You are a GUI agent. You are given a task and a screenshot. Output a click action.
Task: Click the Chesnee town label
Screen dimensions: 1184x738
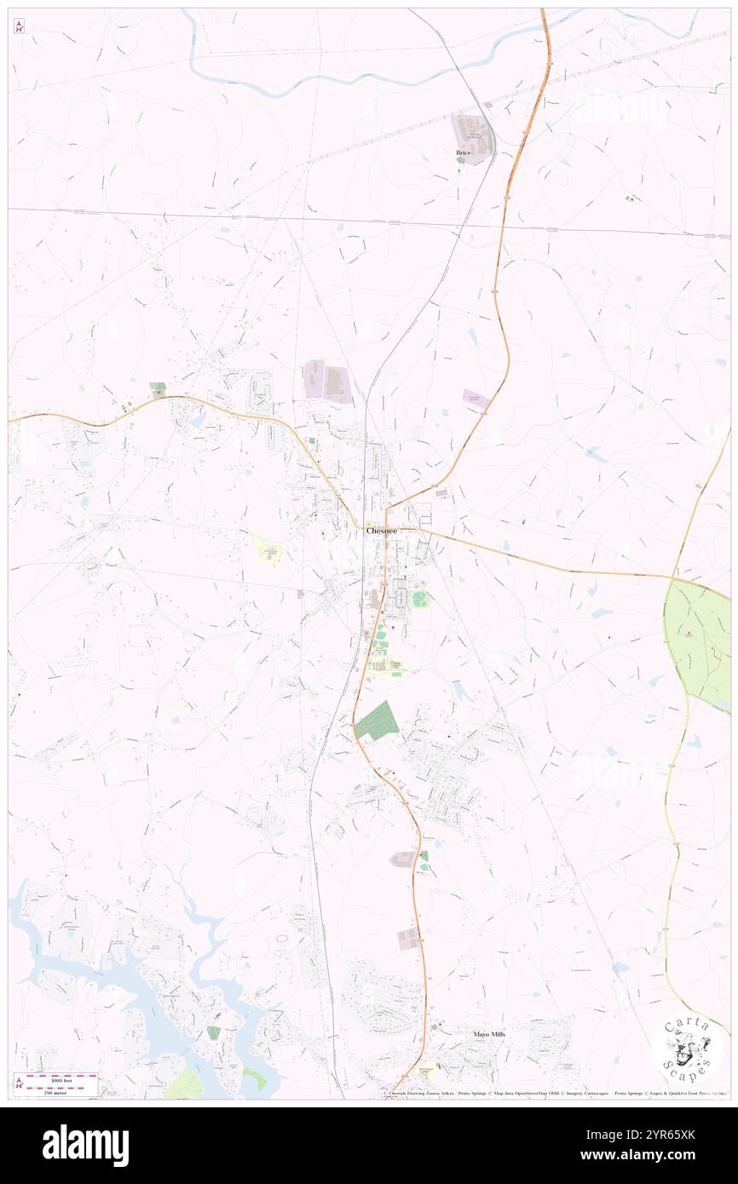pos(381,530)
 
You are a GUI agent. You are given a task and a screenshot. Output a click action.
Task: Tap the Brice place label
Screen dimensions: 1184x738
pos(463,152)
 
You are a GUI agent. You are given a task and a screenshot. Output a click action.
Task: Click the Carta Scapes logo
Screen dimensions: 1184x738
pos(687,1049)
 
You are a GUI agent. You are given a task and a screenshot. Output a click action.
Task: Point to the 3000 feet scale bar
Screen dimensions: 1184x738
pos(55,1078)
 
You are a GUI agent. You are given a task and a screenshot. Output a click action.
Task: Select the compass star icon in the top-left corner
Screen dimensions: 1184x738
pos(19,27)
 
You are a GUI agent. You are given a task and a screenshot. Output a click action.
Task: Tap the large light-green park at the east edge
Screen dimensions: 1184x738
pos(697,643)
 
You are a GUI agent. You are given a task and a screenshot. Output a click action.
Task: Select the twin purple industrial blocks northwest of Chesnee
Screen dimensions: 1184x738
pos(328,382)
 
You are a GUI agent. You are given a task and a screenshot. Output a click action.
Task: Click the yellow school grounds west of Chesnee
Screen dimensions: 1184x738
pos(268,550)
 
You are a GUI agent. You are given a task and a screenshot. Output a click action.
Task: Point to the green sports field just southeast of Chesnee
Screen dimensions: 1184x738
pos(420,599)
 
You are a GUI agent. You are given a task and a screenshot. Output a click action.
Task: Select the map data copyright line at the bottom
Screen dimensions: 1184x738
pos(554,1093)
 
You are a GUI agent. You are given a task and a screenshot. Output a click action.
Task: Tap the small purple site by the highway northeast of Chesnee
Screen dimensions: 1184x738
pos(476,399)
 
